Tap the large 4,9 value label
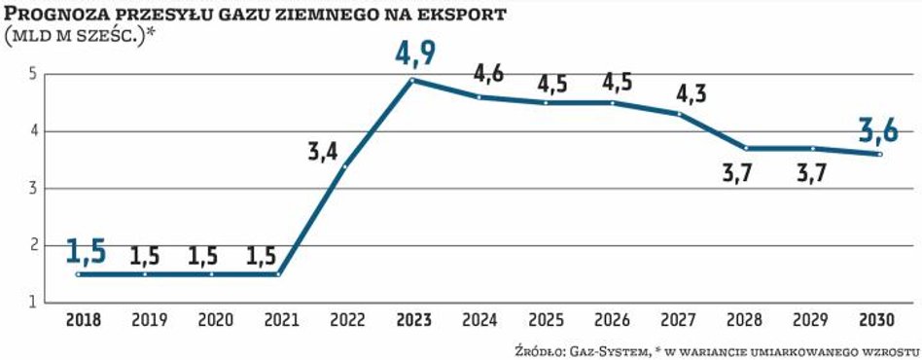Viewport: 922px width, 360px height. coord(415,53)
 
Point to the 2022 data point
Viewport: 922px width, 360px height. coord(345,166)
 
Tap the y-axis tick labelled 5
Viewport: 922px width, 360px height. coord(33,74)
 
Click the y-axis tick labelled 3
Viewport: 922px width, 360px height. coord(33,189)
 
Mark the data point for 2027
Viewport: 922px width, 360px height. coord(679,114)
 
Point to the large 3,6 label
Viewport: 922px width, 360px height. coord(879,128)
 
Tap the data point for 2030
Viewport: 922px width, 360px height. coord(878,154)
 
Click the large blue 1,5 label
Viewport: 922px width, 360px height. coord(86,251)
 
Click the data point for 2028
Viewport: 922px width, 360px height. coord(745,148)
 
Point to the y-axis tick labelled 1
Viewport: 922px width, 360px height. coord(33,303)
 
